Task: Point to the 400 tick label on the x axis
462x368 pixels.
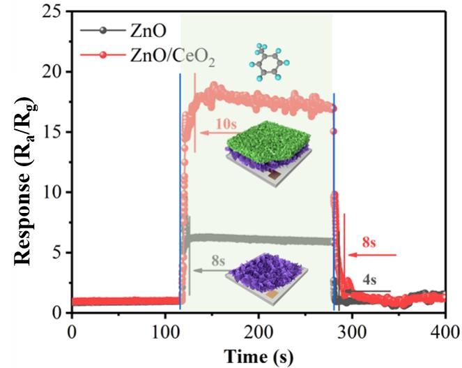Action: click(x=445, y=329)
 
